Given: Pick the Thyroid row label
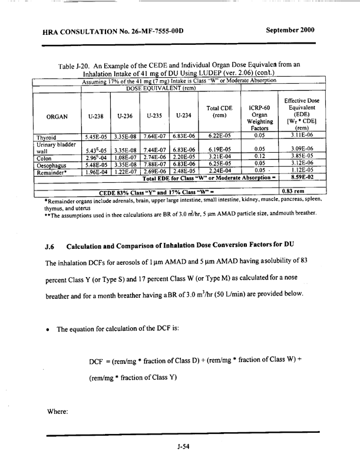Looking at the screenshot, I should [50, 153].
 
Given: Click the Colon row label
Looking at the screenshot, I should [47, 175].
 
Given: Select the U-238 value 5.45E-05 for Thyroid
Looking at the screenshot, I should [95, 153].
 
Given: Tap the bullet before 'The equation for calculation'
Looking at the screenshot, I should [52, 330].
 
